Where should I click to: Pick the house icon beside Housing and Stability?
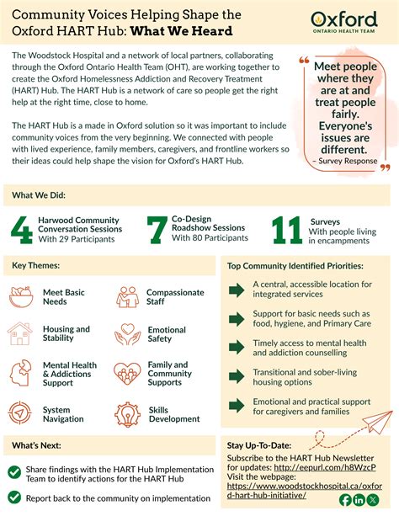click(x=21, y=334)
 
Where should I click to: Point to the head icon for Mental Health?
click(x=21, y=373)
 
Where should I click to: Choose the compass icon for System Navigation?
click(x=21, y=413)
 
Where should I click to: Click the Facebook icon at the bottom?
click(x=346, y=500)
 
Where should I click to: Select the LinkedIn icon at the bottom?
click(x=360, y=500)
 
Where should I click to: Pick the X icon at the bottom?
click(x=375, y=500)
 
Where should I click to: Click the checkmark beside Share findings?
click(x=14, y=472)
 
